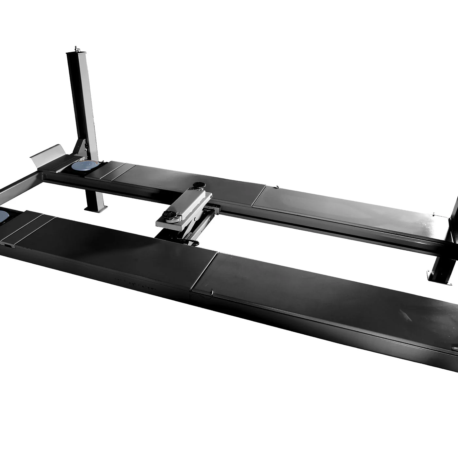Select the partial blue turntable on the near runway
pos(4,216)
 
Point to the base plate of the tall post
pos(96,208)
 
